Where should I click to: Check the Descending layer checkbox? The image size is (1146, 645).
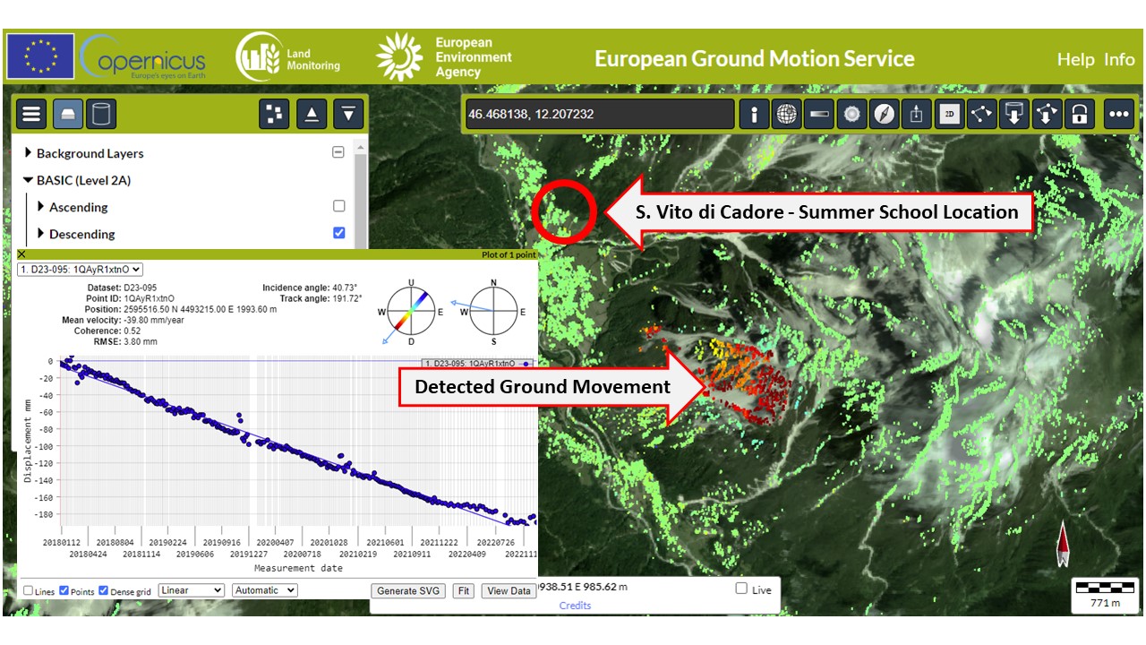338,233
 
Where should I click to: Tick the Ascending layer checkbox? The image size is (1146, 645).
338,206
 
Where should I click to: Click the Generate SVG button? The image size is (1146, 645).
407,590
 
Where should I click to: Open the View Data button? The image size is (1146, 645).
509,590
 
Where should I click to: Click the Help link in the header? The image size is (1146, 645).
1076,59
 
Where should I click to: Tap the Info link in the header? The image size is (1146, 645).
1119,59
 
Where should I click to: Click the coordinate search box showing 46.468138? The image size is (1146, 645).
599,114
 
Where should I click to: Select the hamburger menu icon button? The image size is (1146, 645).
31,114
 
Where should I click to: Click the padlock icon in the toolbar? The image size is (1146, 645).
1080,114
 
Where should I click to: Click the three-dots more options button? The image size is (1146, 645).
1118,114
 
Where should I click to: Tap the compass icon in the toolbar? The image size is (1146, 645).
884,114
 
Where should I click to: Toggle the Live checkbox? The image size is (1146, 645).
741,589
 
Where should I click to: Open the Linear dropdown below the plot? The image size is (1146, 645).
192,590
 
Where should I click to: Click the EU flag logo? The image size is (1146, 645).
40,56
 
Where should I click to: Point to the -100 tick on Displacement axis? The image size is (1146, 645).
46,446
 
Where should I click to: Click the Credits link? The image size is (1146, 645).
575,606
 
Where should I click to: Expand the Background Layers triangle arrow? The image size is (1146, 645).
28,152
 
